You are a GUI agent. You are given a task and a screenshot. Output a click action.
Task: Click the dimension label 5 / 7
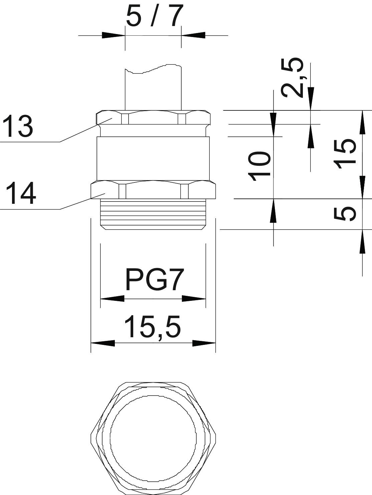tap(154, 17)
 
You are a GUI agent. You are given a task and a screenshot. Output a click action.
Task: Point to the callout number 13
tap(18, 126)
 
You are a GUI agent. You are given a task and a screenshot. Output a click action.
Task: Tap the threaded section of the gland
tap(153, 214)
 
